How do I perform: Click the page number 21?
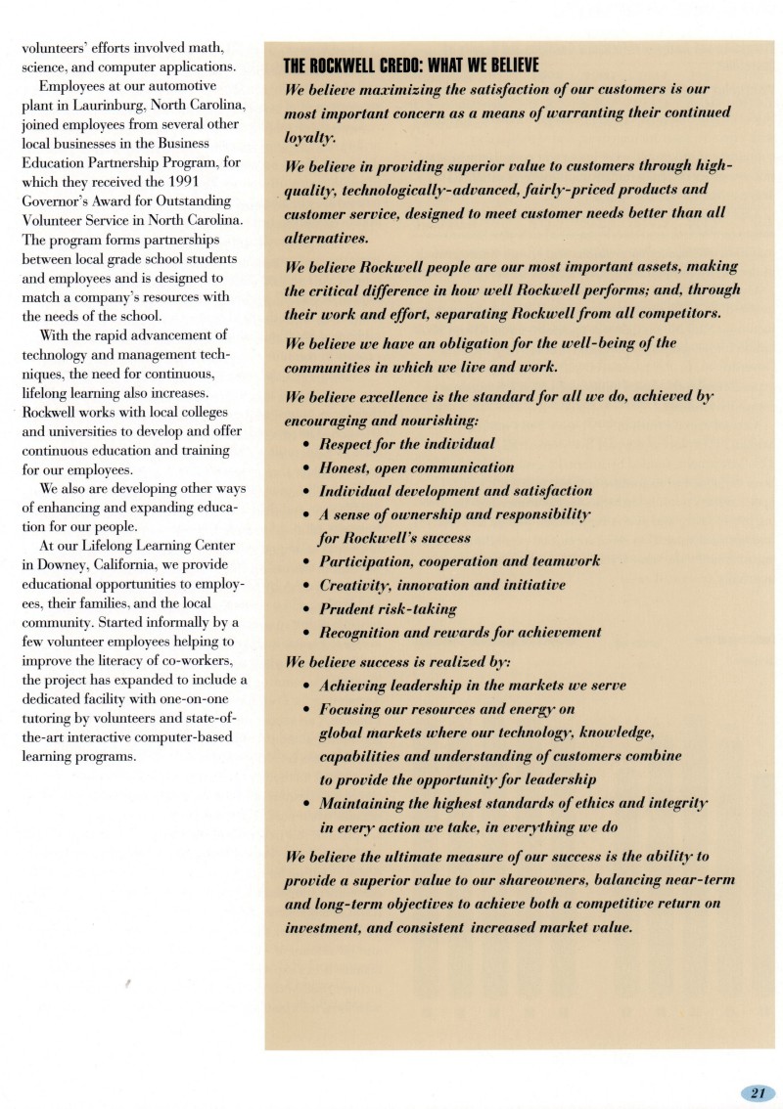point(758,1093)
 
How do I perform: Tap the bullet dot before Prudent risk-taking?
point(307,609)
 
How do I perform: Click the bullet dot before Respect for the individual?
point(307,444)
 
